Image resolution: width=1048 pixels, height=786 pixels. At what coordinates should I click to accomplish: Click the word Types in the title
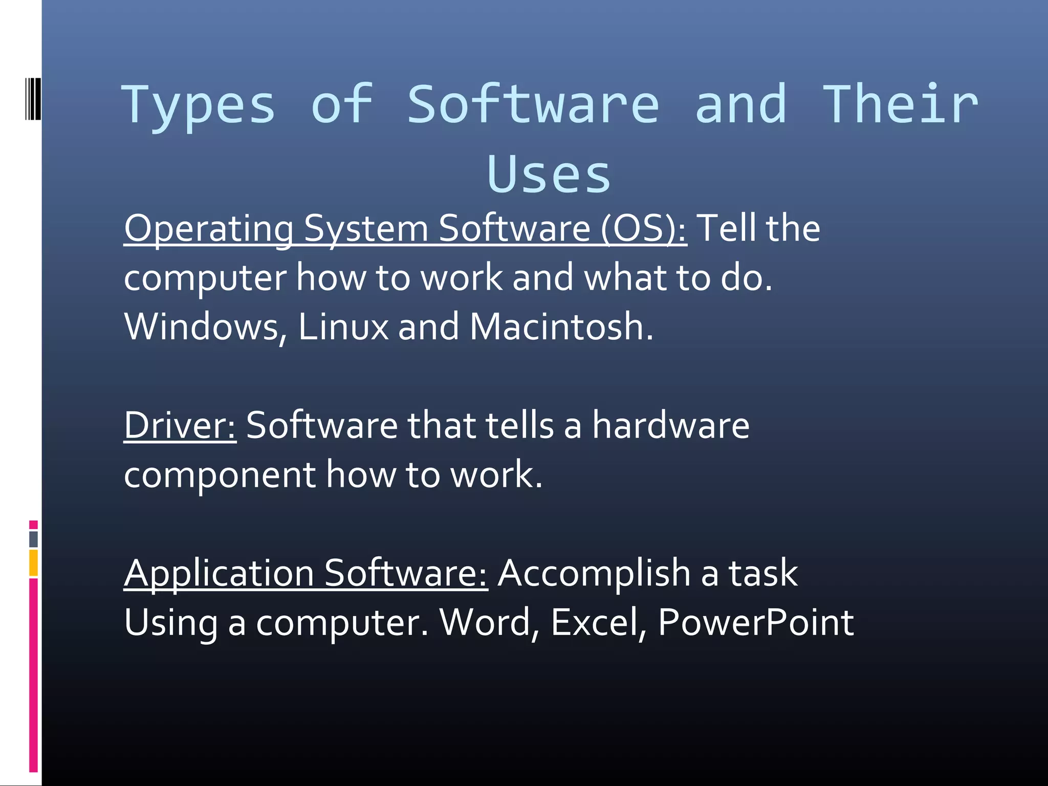point(198,106)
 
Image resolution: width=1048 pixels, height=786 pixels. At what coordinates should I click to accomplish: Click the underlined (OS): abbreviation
point(643,228)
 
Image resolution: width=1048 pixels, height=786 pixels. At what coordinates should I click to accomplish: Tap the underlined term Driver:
point(180,426)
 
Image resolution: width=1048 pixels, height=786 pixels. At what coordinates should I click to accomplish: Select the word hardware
point(670,426)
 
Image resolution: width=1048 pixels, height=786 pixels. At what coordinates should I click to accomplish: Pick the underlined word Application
point(219,574)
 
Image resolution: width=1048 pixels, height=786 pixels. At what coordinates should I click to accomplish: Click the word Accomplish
point(594,574)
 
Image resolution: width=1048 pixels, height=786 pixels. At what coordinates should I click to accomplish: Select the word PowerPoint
point(756,623)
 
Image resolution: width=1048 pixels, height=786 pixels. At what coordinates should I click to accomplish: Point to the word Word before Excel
point(489,623)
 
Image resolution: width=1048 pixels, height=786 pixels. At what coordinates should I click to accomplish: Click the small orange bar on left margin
point(33,563)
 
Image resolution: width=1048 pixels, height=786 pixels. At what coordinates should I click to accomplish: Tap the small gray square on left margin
point(33,539)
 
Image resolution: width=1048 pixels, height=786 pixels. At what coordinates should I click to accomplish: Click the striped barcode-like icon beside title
point(33,99)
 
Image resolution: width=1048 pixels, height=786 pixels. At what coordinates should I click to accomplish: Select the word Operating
point(209,229)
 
